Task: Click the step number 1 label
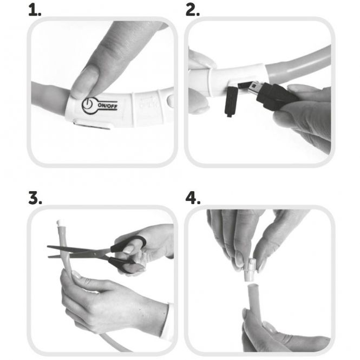(35, 11)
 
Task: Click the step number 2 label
(192, 11)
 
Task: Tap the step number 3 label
(35, 198)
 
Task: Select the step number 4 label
(193, 198)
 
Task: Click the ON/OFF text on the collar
(107, 106)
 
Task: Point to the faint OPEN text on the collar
(148, 105)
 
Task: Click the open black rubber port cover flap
(230, 102)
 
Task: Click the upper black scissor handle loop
(128, 244)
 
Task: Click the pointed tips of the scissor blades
(48, 251)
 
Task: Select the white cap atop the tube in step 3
(60, 222)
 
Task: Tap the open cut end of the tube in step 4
(253, 286)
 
